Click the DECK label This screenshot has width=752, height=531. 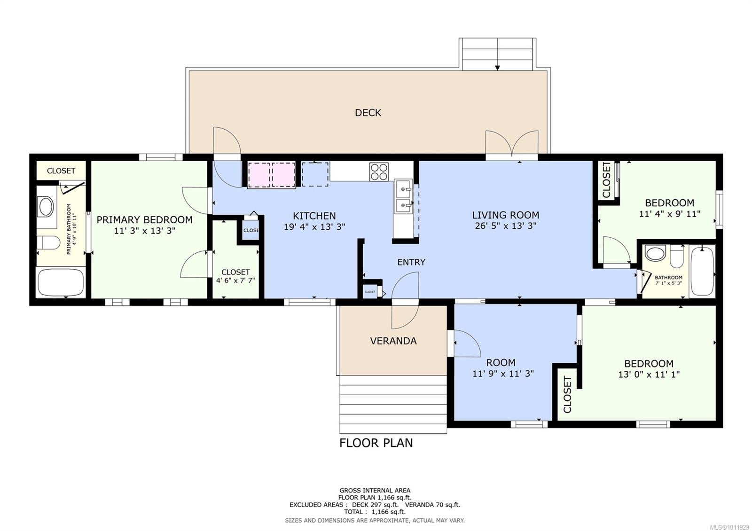[368, 113]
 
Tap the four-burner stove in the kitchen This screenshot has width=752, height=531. [379, 172]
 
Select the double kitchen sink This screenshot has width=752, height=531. [403, 196]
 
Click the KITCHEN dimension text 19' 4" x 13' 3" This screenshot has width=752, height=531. [314, 227]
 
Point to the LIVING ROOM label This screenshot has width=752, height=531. [506, 215]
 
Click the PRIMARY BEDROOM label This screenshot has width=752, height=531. [144, 220]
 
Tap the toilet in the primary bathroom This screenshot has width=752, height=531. [47, 242]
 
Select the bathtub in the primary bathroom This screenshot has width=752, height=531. [61, 282]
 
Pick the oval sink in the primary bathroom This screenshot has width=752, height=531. [46, 207]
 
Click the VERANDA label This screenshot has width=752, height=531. [393, 341]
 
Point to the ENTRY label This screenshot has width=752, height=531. [411, 262]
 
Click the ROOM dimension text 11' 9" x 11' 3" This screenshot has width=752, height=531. [503, 374]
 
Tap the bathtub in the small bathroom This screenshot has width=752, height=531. [702, 271]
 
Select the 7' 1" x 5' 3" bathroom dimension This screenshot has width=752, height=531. [668, 283]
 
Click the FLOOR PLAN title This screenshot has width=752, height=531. [376, 443]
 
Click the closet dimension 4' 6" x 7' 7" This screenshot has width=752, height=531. [235, 280]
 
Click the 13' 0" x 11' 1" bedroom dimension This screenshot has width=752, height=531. [649, 374]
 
